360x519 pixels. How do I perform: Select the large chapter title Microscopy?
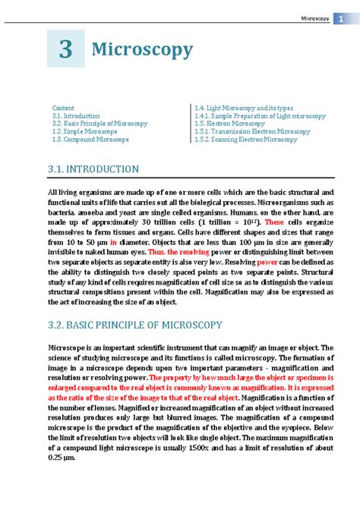point(142,50)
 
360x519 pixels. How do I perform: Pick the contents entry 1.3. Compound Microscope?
point(91,140)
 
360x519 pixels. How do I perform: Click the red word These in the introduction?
point(273,223)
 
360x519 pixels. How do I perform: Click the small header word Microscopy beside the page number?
point(314,17)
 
